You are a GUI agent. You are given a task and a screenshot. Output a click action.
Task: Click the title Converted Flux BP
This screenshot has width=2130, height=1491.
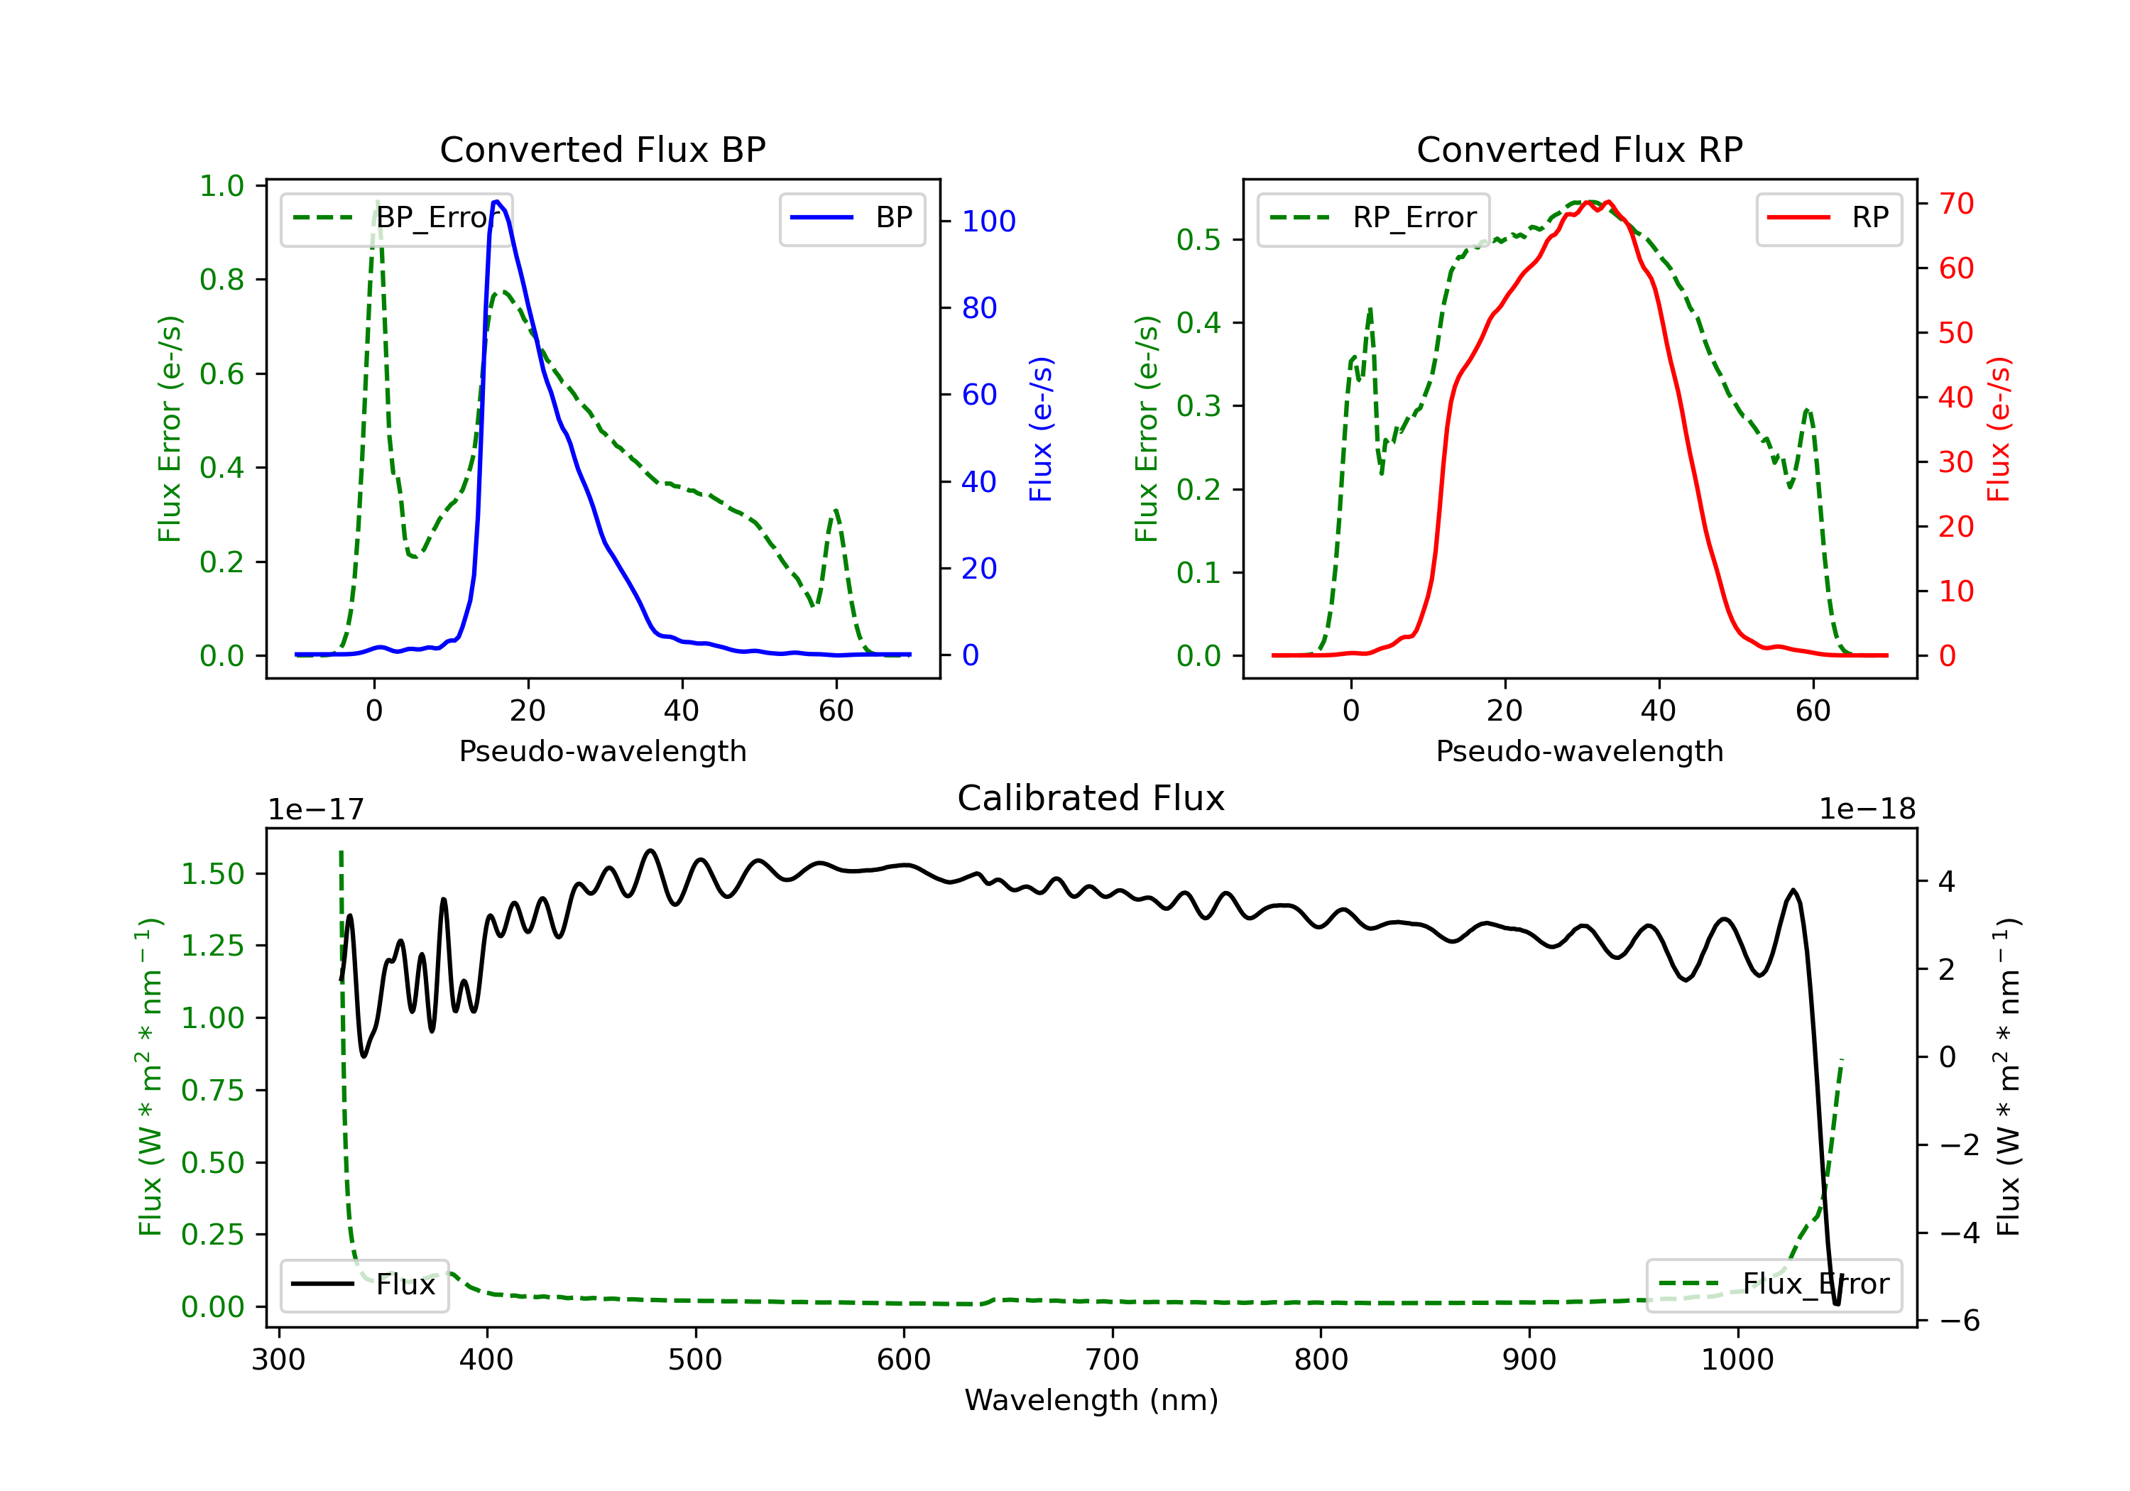click(603, 149)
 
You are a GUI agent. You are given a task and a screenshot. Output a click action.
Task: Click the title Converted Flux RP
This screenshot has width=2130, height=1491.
click(1580, 149)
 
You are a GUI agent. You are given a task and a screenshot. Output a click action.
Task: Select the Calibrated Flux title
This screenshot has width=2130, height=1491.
click(1091, 798)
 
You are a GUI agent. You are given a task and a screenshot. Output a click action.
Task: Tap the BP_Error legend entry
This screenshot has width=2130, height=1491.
click(396, 218)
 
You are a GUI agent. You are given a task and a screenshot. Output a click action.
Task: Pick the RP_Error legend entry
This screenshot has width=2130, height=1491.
click(1373, 218)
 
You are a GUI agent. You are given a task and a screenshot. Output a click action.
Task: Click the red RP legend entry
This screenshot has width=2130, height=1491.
click(1828, 218)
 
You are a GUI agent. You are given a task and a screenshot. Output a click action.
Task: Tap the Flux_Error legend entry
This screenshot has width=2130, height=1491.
click(1774, 1284)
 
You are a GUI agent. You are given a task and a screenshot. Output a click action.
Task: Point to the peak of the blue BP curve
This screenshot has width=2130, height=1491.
click(497, 202)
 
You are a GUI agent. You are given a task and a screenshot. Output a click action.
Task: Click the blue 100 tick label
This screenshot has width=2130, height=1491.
click(989, 221)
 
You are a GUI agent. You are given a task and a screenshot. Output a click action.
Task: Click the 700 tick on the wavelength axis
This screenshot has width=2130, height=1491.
click(1113, 1360)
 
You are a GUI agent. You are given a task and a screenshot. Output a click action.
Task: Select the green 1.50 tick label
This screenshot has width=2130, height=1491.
click(212, 874)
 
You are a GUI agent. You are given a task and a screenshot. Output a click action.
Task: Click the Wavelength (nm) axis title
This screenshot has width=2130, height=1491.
click(1091, 1400)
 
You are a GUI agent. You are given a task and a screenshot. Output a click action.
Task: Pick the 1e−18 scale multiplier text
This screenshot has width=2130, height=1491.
click(1867, 809)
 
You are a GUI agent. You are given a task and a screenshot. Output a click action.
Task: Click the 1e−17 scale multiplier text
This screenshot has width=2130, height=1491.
click(317, 809)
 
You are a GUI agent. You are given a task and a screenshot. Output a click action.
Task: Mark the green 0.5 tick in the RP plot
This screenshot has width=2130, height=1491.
click(1198, 239)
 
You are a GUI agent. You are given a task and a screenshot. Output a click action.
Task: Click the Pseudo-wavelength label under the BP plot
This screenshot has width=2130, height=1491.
click(603, 750)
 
